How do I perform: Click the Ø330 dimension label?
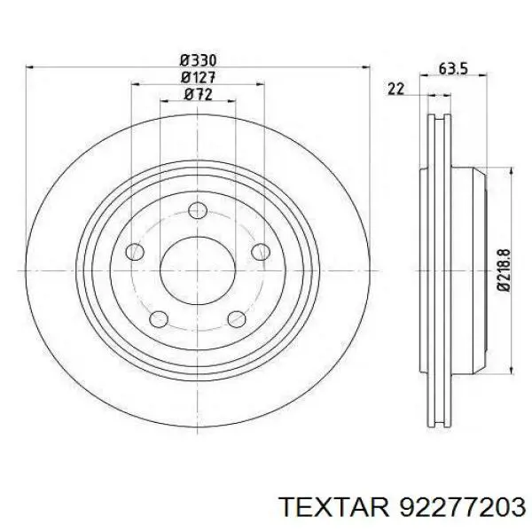point(198,60)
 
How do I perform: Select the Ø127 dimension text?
point(198,78)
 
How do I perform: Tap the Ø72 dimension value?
point(198,95)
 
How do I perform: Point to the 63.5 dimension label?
point(453,69)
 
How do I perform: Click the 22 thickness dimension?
point(396,89)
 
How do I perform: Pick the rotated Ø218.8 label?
point(505,270)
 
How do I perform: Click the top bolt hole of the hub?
point(198,210)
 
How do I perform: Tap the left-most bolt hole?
point(135,252)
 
